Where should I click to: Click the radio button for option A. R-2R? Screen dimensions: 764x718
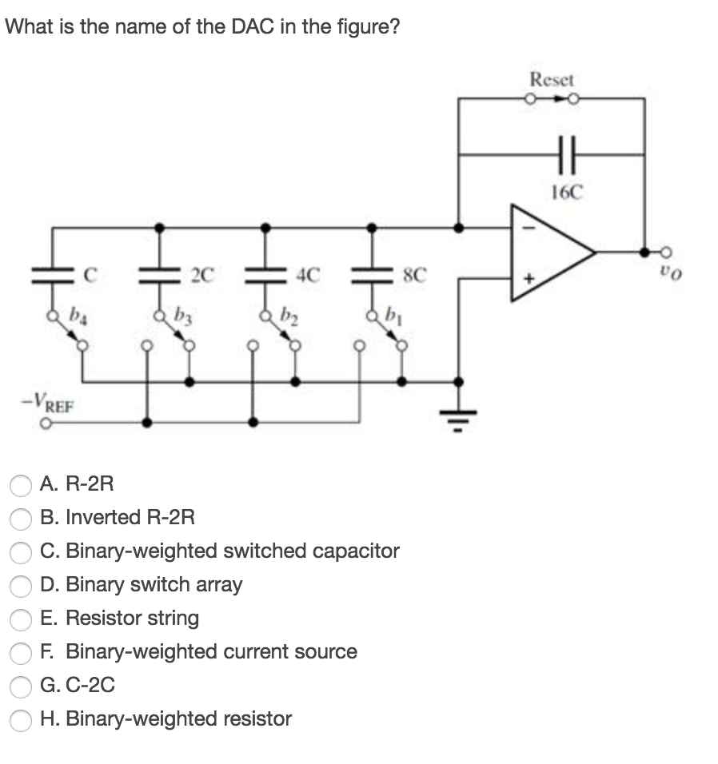click(20, 485)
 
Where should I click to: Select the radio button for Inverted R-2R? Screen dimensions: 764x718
click(20, 519)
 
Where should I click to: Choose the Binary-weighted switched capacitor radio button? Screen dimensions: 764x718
click(20, 552)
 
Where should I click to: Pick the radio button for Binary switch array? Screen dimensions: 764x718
click(20, 586)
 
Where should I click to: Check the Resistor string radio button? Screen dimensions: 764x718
click(20, 619)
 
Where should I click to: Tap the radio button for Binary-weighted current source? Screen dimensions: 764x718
click(20, 653)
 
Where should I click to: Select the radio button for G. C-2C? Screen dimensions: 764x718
click(20, 686)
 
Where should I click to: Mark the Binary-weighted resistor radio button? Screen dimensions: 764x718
click(20, 720)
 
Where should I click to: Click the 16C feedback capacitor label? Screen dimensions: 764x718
click(567, 191)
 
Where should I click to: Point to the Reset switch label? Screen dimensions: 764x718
click(552, 79)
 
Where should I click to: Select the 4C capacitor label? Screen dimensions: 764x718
click(308, 277)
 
